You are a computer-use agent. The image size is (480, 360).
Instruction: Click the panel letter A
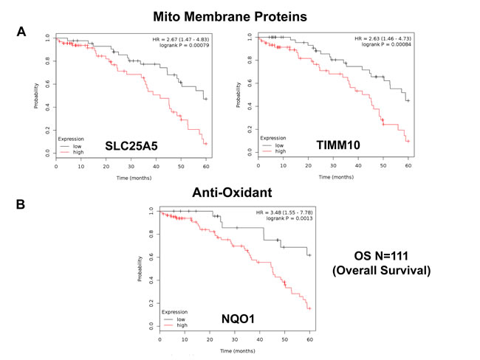coord(22,32)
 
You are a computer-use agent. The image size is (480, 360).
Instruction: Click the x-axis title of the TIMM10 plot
coord(335,177)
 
